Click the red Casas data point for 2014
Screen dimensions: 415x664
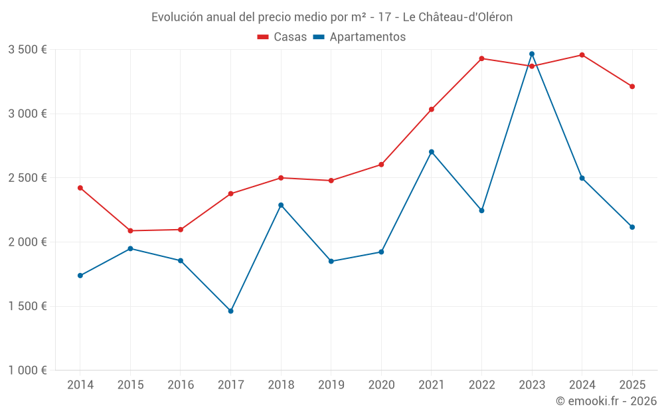click(x=80, y=188)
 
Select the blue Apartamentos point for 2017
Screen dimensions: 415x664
click(x=230, y=311)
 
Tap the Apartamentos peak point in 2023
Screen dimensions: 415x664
click(x=532, y=54)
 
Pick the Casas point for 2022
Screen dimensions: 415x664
click(x=481, y=58)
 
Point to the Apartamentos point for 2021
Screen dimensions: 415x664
click(x=432, y=152)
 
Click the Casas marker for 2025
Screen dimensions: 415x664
click(x=632, y=86)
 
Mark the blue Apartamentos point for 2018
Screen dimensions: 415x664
click(x=281, y=205)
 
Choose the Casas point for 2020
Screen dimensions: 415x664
click(x=381, y=165)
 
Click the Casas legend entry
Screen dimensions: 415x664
click(x=282, y=37)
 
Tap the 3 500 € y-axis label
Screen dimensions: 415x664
click(x=27, y=50)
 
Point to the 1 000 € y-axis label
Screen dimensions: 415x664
click(x=27, y=371)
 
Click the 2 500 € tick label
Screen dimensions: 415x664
click(x=27, y=178)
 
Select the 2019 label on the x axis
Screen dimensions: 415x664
click(x=331, y=384)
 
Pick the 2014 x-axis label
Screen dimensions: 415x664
click(x=80, y=384)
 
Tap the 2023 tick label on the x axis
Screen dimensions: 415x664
click(x=532, y=384)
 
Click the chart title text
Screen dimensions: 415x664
click(x=332, y=17)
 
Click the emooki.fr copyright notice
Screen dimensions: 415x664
click(x=606, y=401)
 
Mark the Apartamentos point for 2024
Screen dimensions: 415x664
click(x=582, y=178)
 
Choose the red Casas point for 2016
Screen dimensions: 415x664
click(x=181, y=230)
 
